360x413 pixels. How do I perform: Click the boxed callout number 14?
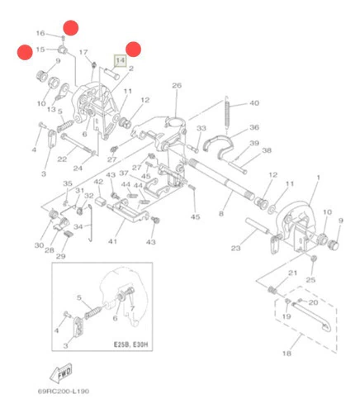coord(121,60)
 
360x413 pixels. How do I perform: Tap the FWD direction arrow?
coord(62,373)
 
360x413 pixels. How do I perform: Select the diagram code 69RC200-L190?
coord(64,391)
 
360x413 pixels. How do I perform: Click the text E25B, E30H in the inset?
coord(133,344)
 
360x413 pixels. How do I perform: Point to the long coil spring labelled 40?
coord(227,112)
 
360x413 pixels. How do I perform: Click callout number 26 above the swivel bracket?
coord(177,86)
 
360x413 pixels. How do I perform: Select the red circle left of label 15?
coord(25,52)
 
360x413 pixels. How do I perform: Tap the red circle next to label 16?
coord(71,27)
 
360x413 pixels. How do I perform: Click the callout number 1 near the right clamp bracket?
coord(319,178)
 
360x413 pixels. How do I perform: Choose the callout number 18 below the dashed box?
coord(287,354)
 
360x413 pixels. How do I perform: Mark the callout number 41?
coord(112,241)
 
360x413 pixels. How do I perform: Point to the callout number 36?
coord(254,127)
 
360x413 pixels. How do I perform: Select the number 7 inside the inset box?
coord(132,308)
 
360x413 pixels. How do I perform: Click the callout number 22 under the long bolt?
coord(62,159)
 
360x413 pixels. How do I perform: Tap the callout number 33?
coord(201,128)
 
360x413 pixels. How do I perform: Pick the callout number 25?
coord(310,280)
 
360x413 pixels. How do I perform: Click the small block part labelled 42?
coord(101,201)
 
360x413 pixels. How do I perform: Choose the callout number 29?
coord(60,256)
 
